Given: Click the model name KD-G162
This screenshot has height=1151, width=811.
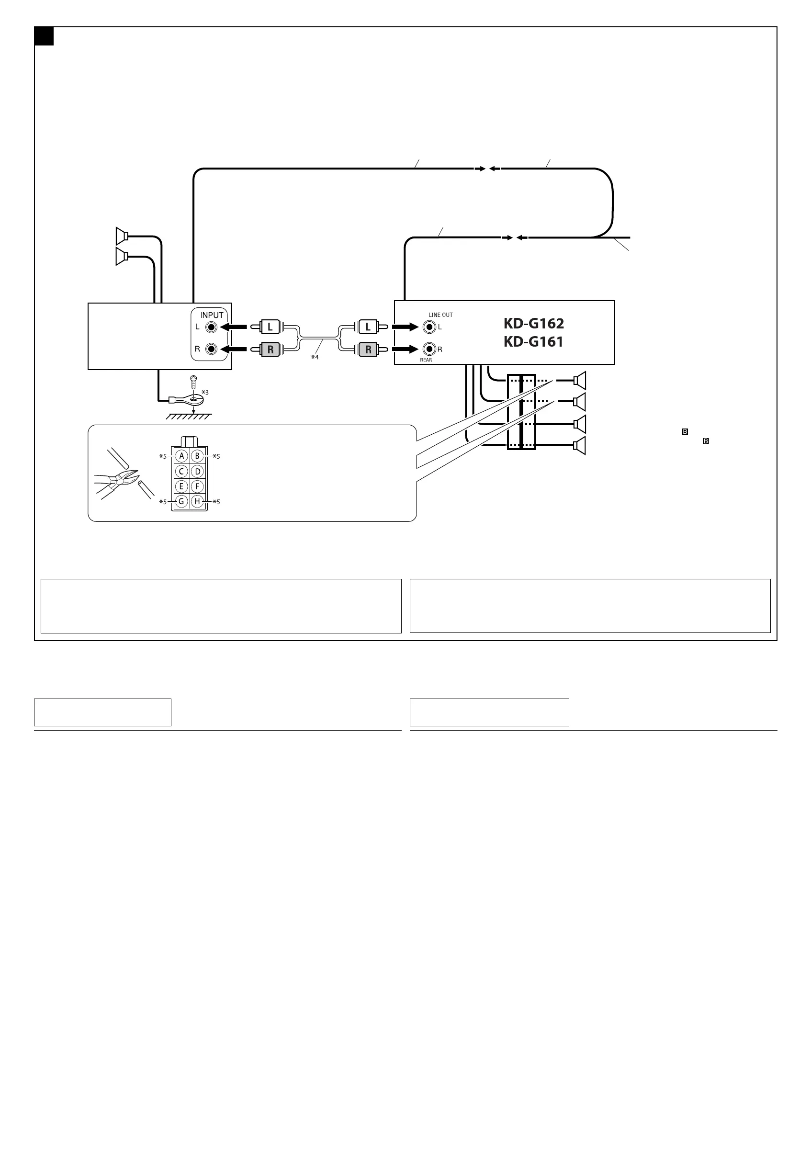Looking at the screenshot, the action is [533, 323].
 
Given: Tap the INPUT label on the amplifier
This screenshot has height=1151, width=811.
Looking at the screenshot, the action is [212, 315].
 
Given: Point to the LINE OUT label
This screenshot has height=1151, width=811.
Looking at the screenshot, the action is [440, 315].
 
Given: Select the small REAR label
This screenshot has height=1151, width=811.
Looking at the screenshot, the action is [426, 360].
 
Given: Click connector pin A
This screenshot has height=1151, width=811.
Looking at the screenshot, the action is [181, 456].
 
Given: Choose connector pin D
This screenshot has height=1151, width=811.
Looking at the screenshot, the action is [198, 471].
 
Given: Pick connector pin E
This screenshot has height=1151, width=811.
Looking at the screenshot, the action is [181, 486].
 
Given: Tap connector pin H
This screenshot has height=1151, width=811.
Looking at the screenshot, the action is [198, 501].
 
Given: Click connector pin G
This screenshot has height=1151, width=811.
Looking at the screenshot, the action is [181, 501].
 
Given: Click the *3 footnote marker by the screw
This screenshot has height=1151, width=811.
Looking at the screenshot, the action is [205, 393].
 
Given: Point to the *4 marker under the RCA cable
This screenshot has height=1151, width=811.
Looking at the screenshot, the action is [315, 357].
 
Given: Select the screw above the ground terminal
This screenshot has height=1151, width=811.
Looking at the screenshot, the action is [193, 382].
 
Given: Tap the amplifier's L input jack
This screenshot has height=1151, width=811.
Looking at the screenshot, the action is [212, 327].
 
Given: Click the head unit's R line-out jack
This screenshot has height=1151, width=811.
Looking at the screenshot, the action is [429, 349].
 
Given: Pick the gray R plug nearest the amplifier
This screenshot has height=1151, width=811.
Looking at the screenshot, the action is [270, 350].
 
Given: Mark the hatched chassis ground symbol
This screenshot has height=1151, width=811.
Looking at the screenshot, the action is [189, 416].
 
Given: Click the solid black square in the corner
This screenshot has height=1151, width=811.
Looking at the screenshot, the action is [44, 36].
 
